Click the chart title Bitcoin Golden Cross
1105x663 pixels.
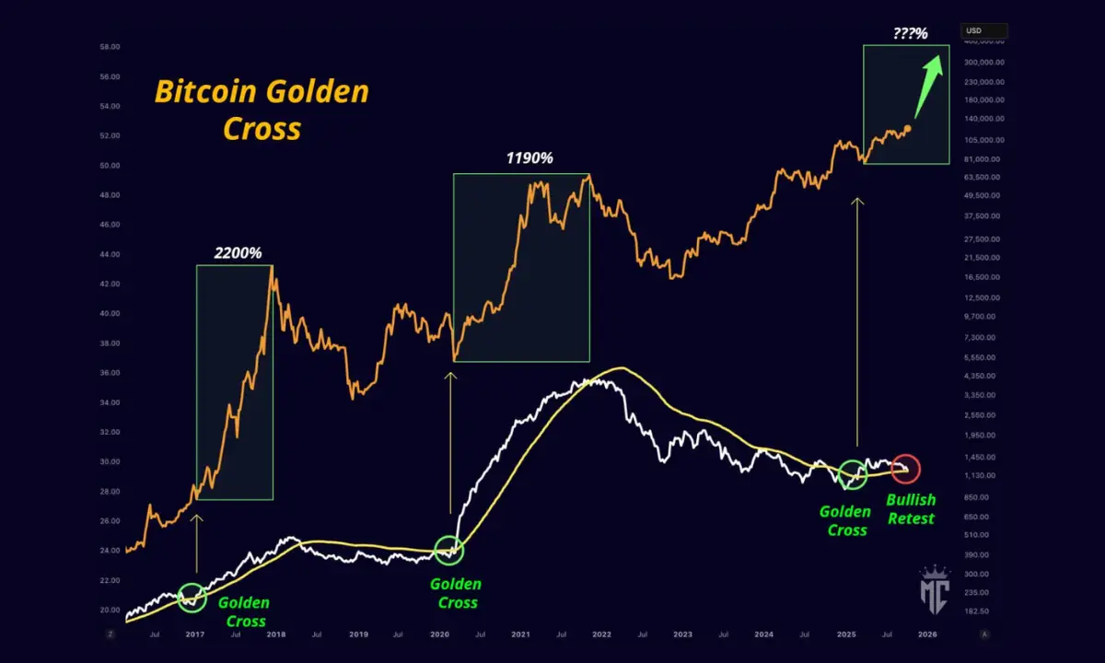tap(262, 109)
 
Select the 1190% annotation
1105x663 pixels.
tap(529, 158)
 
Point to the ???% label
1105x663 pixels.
tap(910, 34)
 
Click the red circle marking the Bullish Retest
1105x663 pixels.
tap(905, 469)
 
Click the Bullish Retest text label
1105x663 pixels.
tap(910, 508)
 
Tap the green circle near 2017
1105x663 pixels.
tap(192, 597)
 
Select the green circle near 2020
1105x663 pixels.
tap(448, 550)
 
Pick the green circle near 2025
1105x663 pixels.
tap(853, 474)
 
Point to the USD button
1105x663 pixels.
tap(983, 31)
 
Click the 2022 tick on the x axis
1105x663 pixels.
tap(601, 634)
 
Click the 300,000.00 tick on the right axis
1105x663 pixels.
tap(983, 63)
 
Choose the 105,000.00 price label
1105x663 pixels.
tap(983, 140)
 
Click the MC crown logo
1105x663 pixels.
tap(936, 586)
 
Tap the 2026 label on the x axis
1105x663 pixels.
tap(927, 634)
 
